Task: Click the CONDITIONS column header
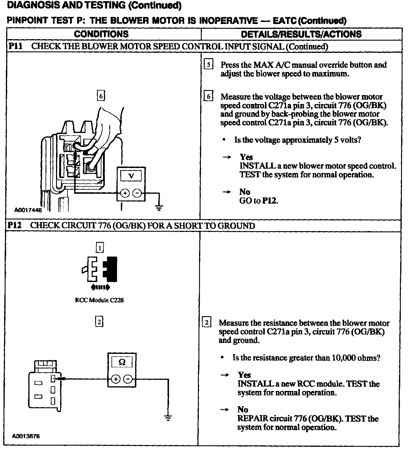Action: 101,34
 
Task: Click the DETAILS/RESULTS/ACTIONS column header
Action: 301,34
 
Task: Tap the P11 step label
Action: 15,46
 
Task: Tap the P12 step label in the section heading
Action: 15,226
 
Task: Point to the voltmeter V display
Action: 131,176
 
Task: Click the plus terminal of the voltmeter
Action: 125,193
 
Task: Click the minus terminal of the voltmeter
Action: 137,193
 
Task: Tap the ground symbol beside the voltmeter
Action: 159,208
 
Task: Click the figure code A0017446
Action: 28,210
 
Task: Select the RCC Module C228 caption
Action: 99,300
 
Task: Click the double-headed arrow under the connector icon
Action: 100,288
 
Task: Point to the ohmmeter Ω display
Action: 122,362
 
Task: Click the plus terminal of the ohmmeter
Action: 116,379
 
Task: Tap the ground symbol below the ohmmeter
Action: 168,418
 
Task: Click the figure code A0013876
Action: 26,437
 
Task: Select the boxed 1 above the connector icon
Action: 100,248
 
